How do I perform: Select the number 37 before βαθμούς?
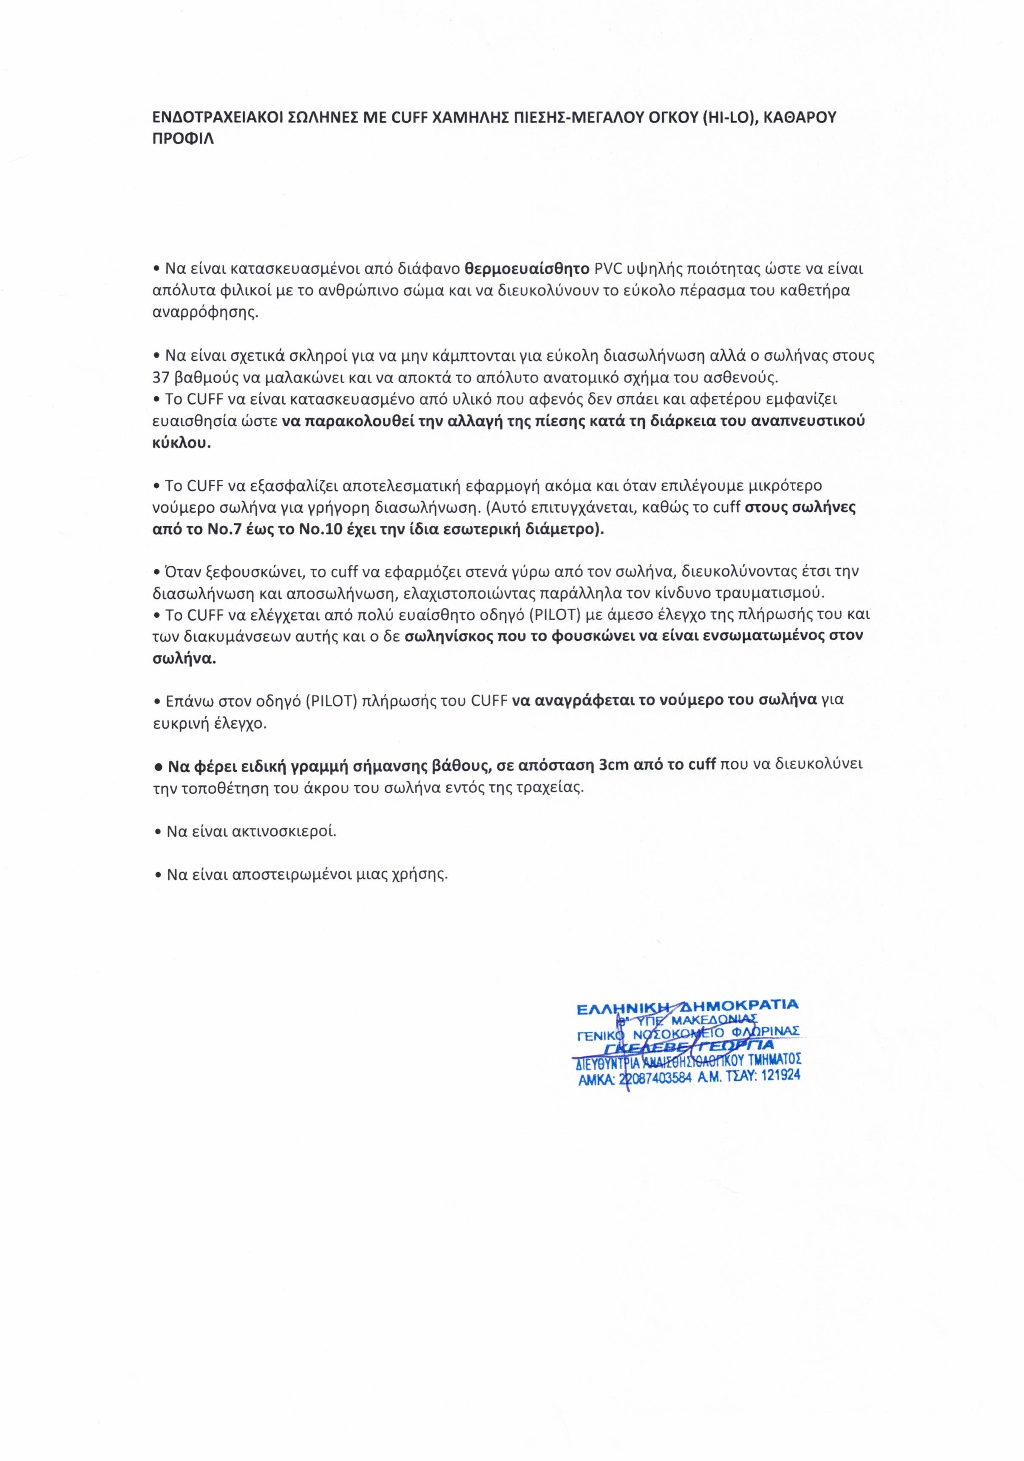click(161, 377)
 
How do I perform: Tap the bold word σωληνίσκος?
click(454, 636)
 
